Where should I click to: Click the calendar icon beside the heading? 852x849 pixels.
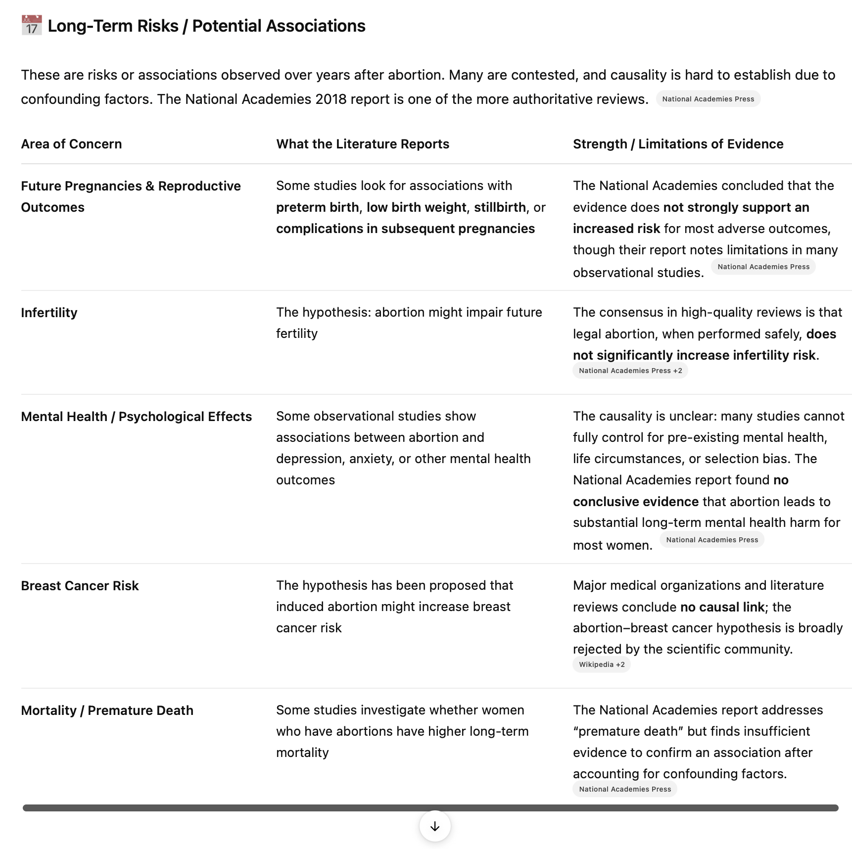pyautogui.click(x=32, y=26)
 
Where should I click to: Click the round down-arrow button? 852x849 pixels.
pyautogui.click(x=434, y=826)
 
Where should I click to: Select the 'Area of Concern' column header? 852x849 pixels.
pyautogui.click(x=71, y=144)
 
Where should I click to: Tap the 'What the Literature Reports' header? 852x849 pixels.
pyautogui.click(x=362, y=144)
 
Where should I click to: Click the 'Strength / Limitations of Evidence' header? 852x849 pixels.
pyautogui.click(x=678, y=144)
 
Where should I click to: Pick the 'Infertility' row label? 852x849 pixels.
pyautogui.click(x=49, y=313)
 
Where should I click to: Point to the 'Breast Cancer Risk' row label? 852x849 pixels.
pyautogui.click(x=80, y=586)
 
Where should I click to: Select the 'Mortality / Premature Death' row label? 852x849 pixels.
pyautogui.click(x=107, y=710)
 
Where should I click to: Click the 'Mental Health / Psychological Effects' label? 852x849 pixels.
pyautogui.click(x=136, y=417)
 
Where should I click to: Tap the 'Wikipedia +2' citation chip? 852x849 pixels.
pyautogui.click(x=601, y=664)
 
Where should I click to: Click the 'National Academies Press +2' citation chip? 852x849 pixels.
pyautogui.click(x=630, y=371)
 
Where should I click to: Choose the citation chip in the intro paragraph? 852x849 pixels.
pyautogui.click(x=708, y=99)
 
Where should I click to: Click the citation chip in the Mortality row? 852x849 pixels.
pyautogui.click(x=624, y=789)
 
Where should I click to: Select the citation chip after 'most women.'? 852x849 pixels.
pyautogui.click(x=711, y=540)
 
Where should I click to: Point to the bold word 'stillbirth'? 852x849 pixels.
pyautogui.click(x=500, y=207)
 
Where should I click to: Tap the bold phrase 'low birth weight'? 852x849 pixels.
pyautogui.click(x=416, y=207)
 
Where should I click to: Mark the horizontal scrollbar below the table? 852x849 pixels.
pyautogui.click(x=430, y=808)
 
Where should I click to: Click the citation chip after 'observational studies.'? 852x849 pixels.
pyautogui.click(x=763, y=267)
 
